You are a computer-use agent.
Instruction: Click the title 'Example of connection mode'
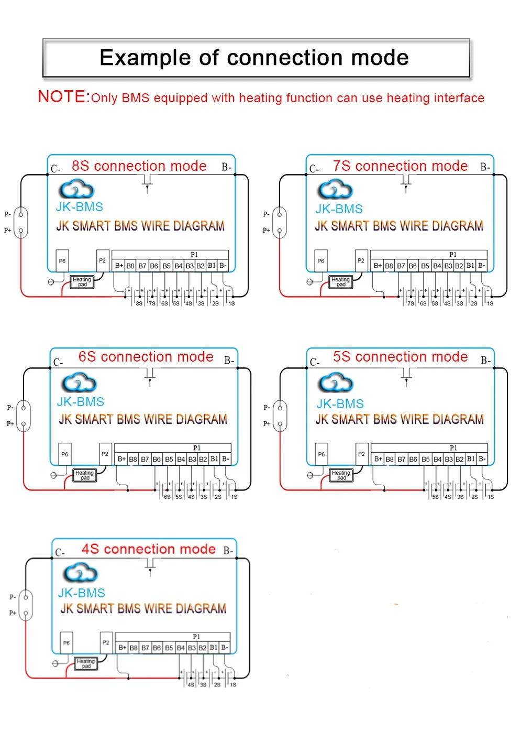click(254, 58)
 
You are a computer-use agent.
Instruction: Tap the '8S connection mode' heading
click(139, 166)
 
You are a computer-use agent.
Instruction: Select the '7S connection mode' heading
click(400, 166)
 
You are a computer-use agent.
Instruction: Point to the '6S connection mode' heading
click(146, 357)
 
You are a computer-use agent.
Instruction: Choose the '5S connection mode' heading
click(400, 357)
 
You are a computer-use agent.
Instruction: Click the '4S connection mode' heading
click(148, 549)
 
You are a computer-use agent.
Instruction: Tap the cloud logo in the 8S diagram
click(76, 189)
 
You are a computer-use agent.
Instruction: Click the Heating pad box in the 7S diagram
click(340, 282)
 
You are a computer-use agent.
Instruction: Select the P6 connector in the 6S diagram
click(64, 454)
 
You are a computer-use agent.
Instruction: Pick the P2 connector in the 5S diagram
click(361, 454)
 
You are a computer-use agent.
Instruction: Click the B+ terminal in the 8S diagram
click(119, 266)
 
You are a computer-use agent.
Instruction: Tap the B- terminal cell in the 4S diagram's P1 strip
click(225, 648)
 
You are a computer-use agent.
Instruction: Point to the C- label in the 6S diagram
click(58, 362)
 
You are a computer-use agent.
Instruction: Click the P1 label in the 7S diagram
click(452, 255)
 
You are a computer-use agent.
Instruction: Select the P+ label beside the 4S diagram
click(13, 613)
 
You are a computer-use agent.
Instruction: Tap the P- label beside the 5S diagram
click(267, 407)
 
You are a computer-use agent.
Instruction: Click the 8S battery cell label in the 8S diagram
click(139, 303)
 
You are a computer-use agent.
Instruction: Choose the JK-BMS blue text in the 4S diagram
click(81, 593)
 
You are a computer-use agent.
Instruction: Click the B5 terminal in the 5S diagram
click(425, 459)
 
